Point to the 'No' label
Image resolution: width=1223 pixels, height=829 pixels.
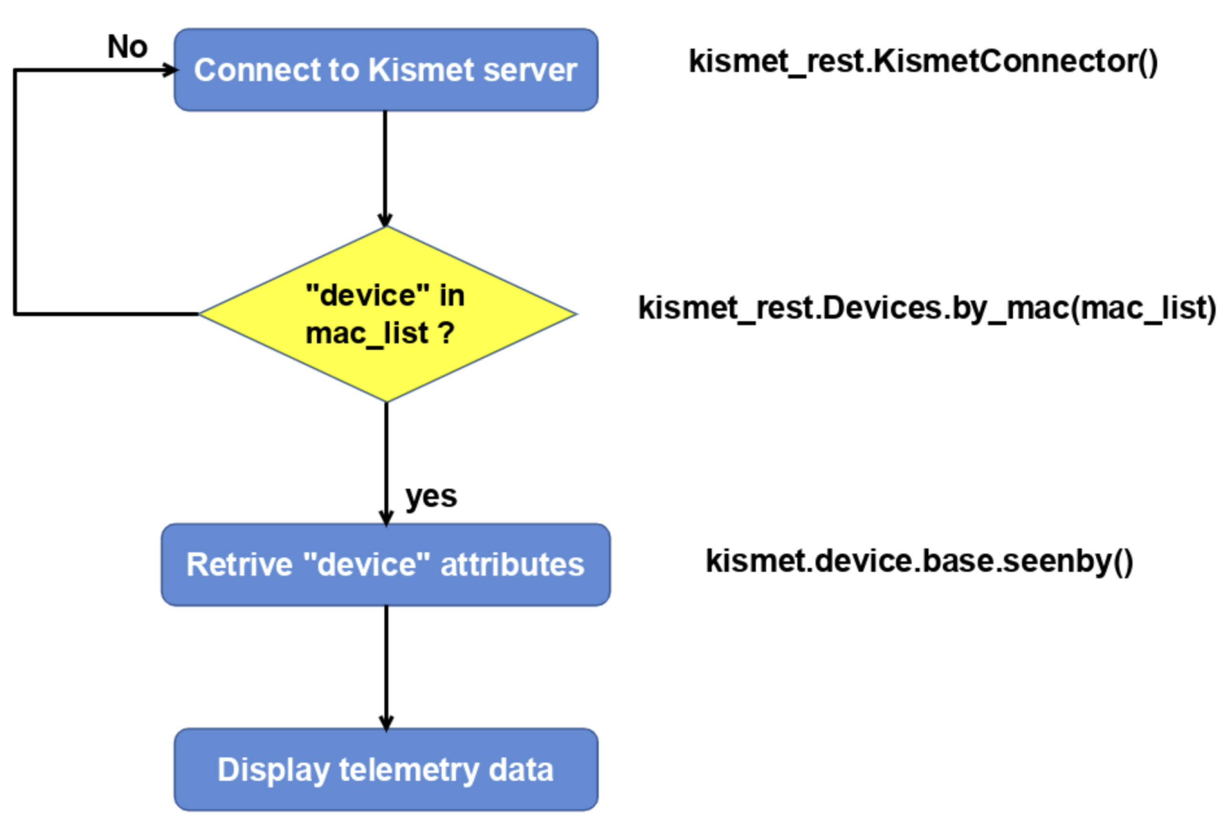point(127,47)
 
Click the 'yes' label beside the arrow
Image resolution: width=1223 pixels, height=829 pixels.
point(431,496)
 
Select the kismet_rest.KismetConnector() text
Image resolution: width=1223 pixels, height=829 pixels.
point(923,62)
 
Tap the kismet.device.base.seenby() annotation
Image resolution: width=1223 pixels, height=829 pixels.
point(919,561)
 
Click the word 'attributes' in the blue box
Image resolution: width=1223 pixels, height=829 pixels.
point(512,565)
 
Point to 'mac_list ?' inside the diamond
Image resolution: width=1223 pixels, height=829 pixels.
point(380,334)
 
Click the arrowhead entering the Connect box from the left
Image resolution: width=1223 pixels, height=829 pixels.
point(170,70)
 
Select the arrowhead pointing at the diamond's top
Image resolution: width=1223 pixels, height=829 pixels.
point(385,220)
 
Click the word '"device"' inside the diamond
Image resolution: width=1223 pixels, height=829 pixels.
point(367,295)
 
